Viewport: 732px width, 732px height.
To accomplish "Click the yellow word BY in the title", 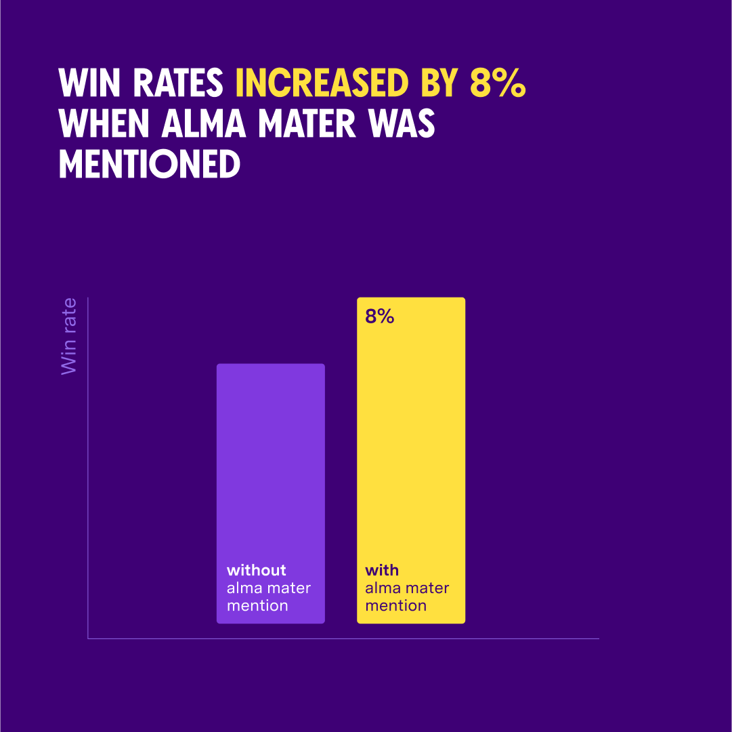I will click(x=437, y=83).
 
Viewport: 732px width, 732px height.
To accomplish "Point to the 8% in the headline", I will click(x=498, y=83).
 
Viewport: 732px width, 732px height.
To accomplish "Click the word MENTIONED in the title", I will click(x=150, y=164).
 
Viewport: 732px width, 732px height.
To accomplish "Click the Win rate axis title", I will click(x=69, y=336).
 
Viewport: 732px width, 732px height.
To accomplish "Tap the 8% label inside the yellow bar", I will click(x=380, y=317).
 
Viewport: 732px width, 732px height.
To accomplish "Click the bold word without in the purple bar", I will click(x=257, y=570).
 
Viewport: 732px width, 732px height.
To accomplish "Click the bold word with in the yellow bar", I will click(x=382, y=570).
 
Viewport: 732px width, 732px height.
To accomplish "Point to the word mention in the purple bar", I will click(x=257, y=605).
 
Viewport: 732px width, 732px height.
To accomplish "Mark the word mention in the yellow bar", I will click(x=396, y=605).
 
